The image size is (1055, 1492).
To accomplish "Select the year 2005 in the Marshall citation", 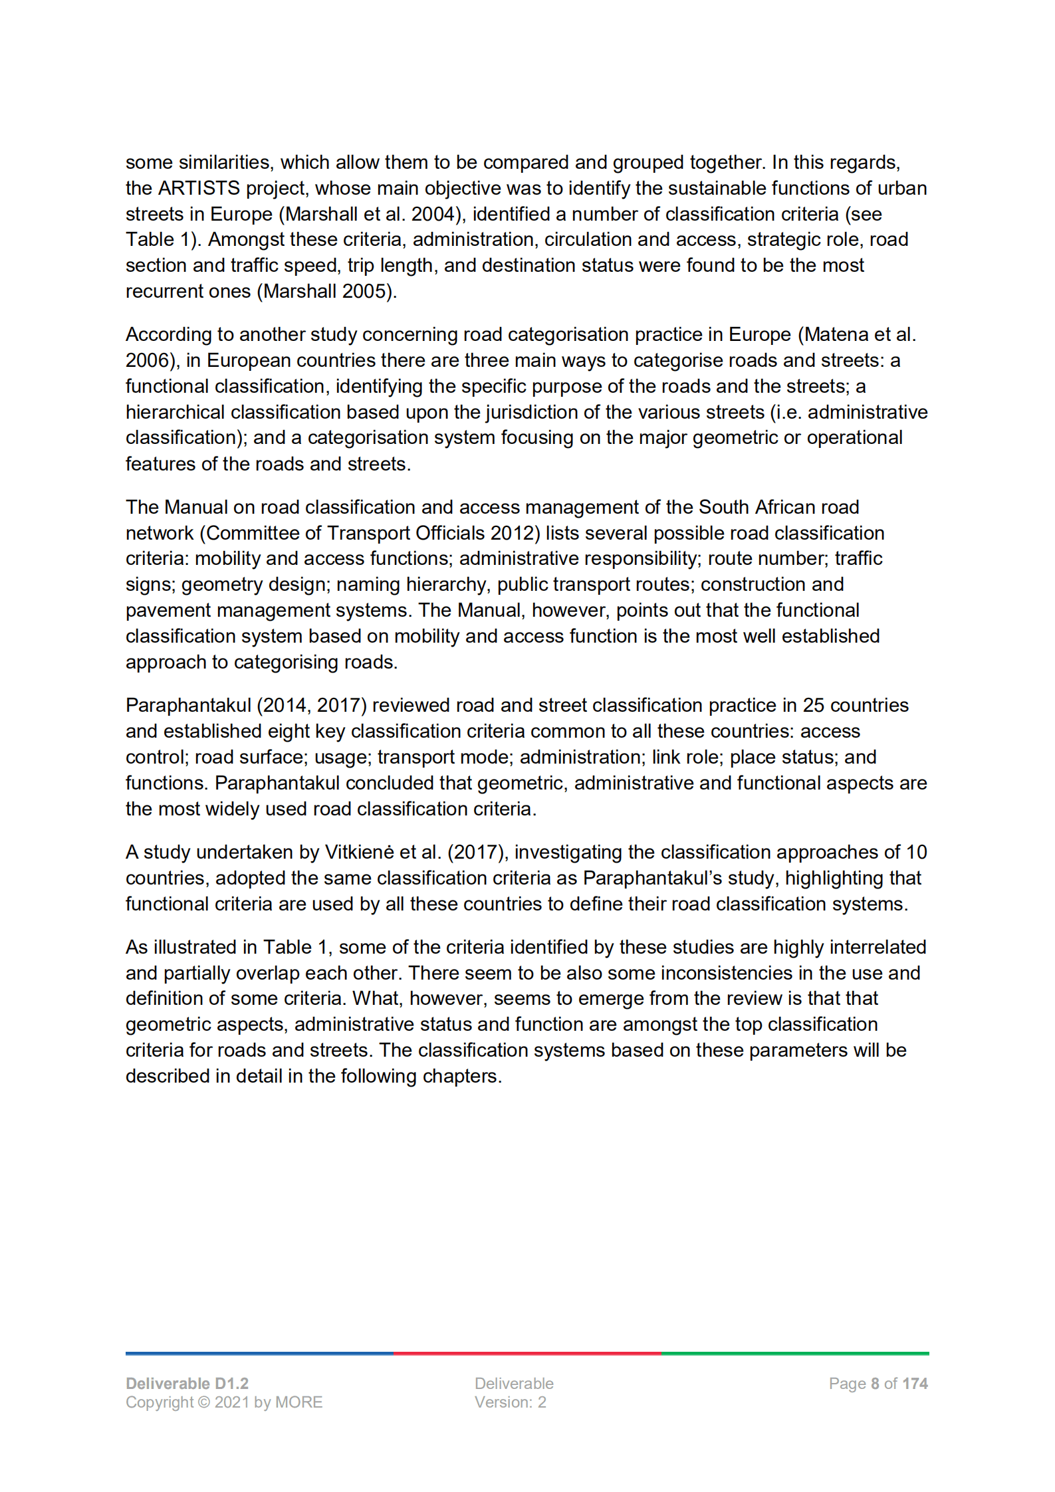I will (365, 292).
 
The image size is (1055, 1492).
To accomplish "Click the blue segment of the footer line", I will (259, 1353).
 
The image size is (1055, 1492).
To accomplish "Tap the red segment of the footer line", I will (527, 1353).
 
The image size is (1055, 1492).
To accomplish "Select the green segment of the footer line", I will (795, 1353).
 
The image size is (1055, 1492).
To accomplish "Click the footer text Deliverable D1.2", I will (187, 1384).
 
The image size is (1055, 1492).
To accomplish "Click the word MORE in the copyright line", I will (298, 1402).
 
